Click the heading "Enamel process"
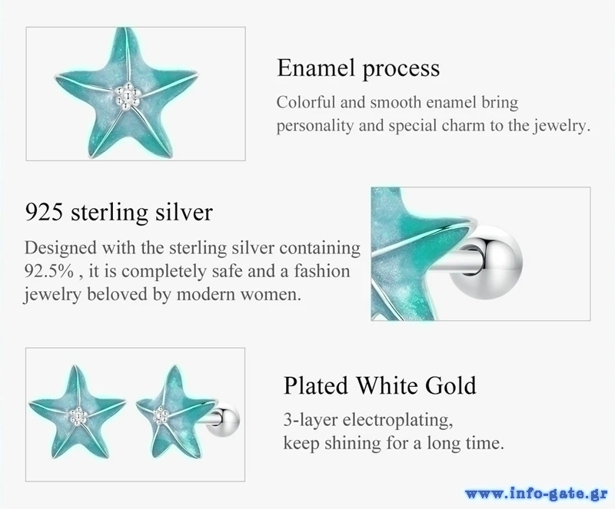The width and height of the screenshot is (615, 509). [358, 68]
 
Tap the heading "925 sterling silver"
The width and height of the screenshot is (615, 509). [119, 213]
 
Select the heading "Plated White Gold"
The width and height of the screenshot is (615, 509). [380, 385]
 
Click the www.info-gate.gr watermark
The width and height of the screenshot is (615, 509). [537, 494]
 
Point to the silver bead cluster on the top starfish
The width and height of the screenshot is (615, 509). [127, 95]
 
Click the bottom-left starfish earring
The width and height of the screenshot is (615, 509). [78, 412]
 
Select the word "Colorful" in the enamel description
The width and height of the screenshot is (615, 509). [306, 103]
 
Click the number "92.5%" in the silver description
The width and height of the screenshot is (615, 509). [49, 271]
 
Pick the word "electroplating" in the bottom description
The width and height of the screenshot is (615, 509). [397, 421]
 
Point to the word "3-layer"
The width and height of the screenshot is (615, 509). [311, 421]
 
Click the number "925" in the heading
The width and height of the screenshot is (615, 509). [44, 213]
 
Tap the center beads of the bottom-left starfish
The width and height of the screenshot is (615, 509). [78, 415]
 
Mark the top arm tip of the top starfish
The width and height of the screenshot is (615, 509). [125, 29]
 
